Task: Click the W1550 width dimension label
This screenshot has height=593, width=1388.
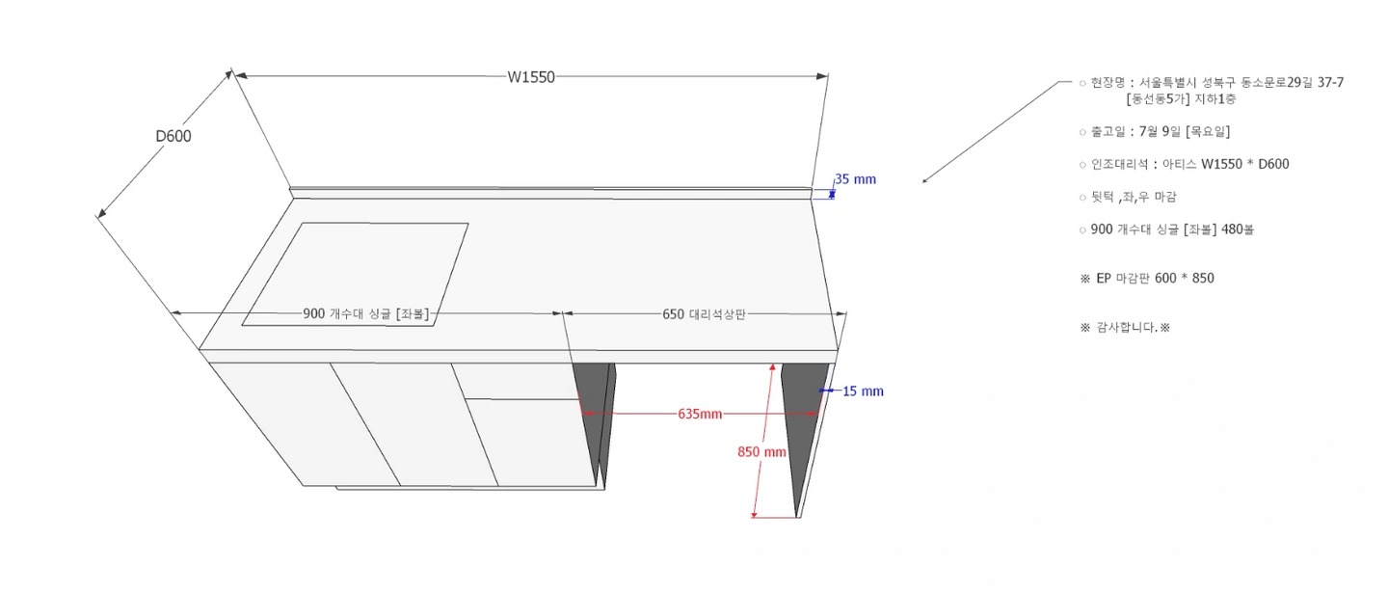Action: pyautogui.click(x=531, y=77)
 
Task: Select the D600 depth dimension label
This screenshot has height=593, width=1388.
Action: pyautogui.click(x=173, y=136)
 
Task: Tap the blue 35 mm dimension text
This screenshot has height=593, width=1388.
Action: pyautogui.click(x=856, y=179)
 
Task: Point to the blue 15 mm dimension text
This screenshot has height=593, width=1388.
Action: pyautogui.click(x=864, y=391)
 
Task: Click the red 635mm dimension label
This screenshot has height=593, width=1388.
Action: pyautogui.click(x=700, y=414)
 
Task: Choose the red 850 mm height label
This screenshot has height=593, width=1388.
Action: pyautogui.click(x=761, y=451)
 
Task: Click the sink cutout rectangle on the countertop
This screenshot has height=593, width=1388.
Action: pyautogui.click(x=355, y=275)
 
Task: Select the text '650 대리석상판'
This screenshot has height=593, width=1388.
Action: pyautogui.click(x=704, y=314)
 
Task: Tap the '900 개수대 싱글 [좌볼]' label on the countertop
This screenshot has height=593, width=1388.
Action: pyautogui.click(x=366, y=313)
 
